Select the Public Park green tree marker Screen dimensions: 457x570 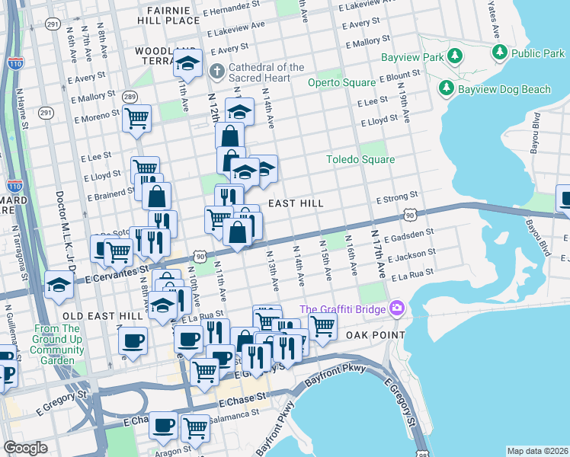(x=500, y=53)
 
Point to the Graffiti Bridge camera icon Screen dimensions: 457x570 (x=395, y=308)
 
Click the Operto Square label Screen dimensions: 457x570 (x=341, y=82)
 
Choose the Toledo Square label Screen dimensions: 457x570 (x=360, y=160)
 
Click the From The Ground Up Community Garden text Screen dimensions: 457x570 (x=58, y=344)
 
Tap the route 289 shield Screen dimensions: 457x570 (x=130, y=97)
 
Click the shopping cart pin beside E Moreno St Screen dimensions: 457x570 (x=136, y=118)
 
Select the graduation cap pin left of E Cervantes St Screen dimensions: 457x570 (x=59, y=283)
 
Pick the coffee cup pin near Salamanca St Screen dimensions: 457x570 (x=163, y=425)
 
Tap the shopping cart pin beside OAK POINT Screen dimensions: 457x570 (x=322, y=325)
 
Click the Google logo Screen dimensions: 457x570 (x=26, y=449)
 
